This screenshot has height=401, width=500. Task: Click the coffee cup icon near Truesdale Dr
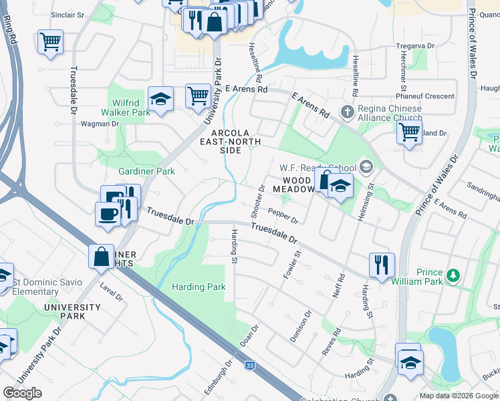point(107,214)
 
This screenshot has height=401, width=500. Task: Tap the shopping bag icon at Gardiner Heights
point(101,256)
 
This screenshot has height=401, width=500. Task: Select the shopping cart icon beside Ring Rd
point(50,41)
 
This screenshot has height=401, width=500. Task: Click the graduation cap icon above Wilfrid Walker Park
point(160,99)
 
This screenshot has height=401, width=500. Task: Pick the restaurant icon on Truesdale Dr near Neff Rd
point(382,265)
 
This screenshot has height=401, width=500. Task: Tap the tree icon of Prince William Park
point(453,275)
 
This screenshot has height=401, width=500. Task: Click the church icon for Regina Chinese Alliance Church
point(347,110)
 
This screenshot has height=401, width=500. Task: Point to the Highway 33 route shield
point(250,366)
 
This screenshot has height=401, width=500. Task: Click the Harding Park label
point(199,287)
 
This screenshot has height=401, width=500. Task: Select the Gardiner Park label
point(146,171)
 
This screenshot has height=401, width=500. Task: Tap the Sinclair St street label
point(68,14)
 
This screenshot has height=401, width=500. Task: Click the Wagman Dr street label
point(100,124)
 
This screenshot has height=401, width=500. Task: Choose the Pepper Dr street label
point(283,215)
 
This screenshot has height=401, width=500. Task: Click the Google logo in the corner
point(22,393)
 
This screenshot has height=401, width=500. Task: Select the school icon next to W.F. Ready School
point(366,166)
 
